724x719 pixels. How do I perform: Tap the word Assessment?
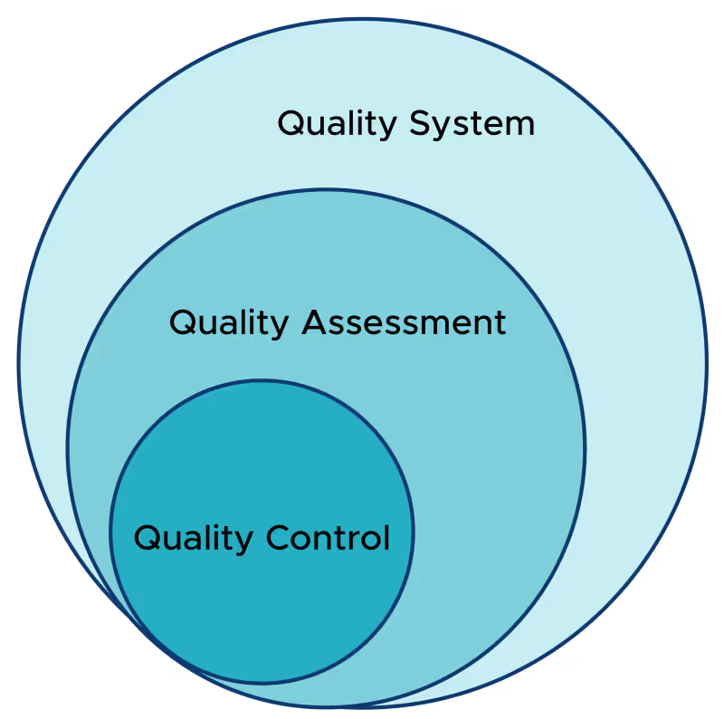tap(404, 322)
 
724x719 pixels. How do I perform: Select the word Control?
tap(328, 538)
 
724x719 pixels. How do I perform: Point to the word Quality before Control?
tap(194, 538)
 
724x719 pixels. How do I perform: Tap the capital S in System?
tap(419, 123)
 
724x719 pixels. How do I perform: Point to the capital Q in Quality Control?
tap(146, 538)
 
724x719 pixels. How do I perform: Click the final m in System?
tap(520, 125)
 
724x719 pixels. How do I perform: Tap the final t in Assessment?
tap(500, 322)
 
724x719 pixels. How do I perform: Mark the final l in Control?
tap(386, 536)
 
